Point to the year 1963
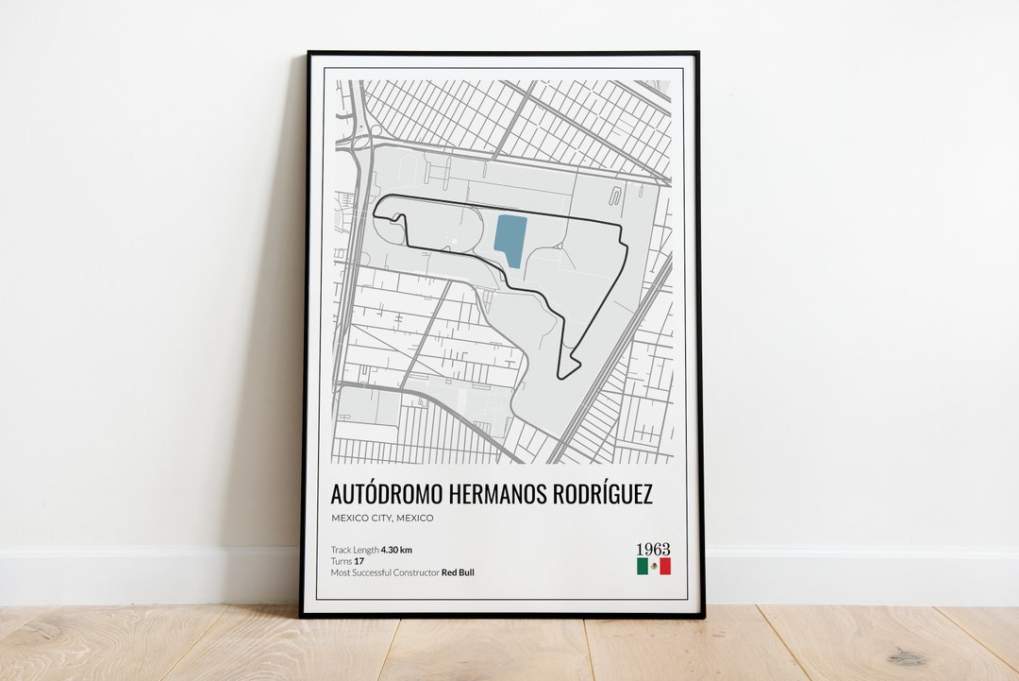coord(653,550)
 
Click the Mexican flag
coord(653,566)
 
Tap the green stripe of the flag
coord(642,566)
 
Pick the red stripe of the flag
coord(665,566)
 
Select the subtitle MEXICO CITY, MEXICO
coord(381,518)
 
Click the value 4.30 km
coord(396,550)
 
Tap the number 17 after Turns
coord(358,561)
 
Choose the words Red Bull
coord(459,572)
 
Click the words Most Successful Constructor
coord(384,572)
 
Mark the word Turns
coord(341,561)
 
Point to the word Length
coord(365,550)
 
